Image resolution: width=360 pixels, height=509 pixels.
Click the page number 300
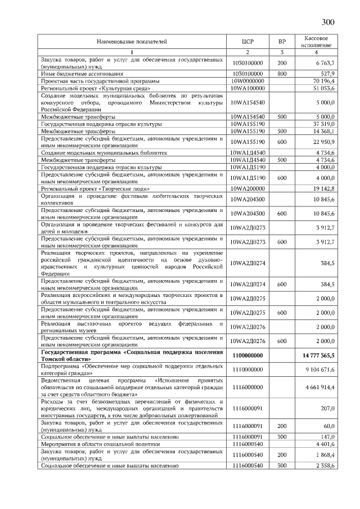pos(328,22)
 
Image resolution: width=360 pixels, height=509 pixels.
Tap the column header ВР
pos(282,42)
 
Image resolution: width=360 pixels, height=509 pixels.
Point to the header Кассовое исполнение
pos(316,42)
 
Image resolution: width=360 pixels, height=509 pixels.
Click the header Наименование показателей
pos(132,42)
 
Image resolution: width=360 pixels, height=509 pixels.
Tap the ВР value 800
pos(282,74)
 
